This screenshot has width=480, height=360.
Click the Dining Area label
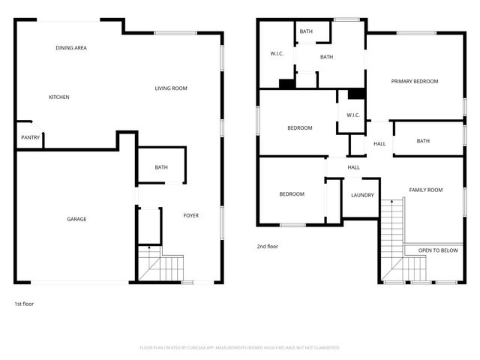(71, 48)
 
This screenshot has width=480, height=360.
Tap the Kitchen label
(59, 97)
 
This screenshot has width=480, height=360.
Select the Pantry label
(30, 137)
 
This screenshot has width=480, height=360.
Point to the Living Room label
(171, 88)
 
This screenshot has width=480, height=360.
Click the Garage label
(76, 219)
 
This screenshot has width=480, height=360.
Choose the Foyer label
(191, 216)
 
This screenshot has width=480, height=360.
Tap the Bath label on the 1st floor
(161, 167)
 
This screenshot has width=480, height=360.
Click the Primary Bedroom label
(415, 81)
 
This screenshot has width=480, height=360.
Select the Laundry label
(362, 195)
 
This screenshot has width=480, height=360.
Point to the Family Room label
(425, 190)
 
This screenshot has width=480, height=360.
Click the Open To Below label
(438, 250)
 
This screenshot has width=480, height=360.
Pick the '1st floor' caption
(24, 304)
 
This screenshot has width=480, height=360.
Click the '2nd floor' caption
(267, 245)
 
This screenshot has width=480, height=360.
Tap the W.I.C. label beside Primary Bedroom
(353, 115)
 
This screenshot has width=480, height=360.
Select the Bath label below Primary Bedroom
(423, 141)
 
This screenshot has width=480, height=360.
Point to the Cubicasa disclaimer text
(240, 348)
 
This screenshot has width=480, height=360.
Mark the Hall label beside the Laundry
(353, 167)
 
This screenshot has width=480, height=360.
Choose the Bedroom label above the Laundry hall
(299, 127)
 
